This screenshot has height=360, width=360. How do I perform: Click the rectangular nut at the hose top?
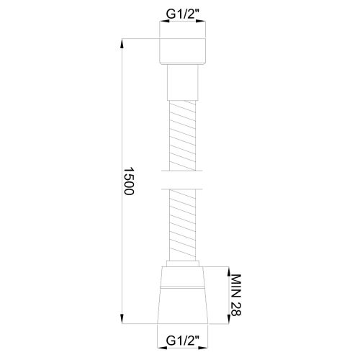[x=180, y=50]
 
